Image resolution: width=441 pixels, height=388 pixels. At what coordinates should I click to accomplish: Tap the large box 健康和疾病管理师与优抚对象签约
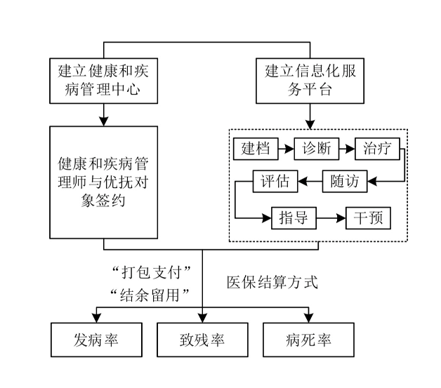pos(103,182)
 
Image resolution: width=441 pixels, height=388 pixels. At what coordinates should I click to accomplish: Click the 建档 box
pos(255,149)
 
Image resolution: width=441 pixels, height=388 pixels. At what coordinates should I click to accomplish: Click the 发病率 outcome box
pos(96,341)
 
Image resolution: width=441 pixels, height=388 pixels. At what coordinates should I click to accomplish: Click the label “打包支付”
pos(152,271)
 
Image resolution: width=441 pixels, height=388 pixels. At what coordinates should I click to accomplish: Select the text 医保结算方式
pos(272,283)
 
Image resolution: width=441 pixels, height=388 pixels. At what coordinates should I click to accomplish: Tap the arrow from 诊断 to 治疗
pos(347,149)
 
